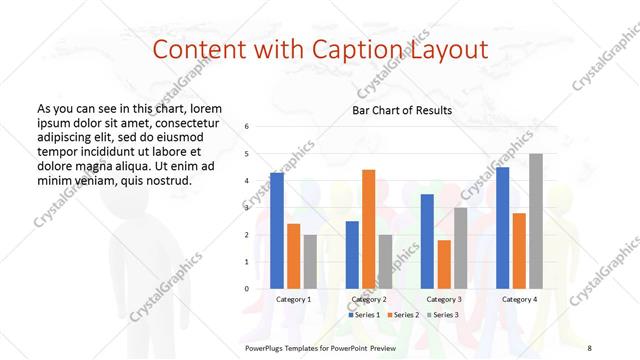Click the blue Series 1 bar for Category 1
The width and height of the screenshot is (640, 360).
tap(277, 231)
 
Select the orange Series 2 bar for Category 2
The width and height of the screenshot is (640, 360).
tap(368, 229)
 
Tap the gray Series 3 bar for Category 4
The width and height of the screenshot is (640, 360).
tap(536, 221)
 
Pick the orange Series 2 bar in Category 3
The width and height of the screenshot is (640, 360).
tap(443, 264)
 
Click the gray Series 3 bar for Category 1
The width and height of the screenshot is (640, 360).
tap(310, 262)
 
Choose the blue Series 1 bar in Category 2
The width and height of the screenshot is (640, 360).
tap(352, 255)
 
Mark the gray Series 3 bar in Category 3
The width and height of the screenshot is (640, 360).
tap(460, 248)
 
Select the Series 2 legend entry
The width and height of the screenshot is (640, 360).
tap(403, 315)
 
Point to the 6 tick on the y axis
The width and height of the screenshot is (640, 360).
tap(247, 127)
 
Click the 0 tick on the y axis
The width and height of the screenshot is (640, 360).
tap(247, 289)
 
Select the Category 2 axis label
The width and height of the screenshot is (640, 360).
tap(369, 299)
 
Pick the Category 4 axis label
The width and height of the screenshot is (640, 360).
tap(519, 299)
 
